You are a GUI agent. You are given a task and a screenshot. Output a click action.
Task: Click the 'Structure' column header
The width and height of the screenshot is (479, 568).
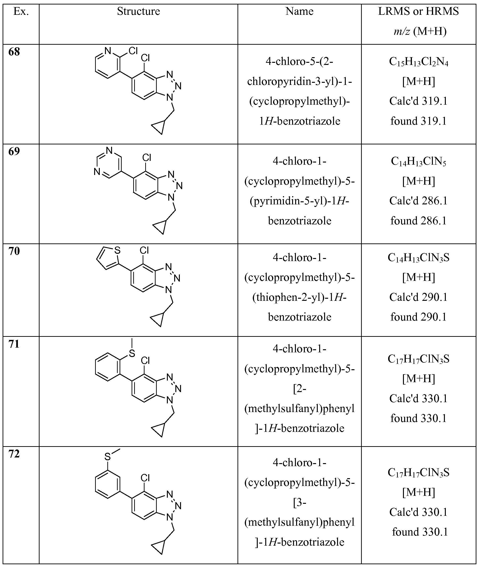coord(138,11)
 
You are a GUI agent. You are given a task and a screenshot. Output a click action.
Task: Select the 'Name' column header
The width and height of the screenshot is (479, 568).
coord(299,11)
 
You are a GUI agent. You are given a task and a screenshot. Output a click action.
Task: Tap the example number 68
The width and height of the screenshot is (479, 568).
coord(14,52)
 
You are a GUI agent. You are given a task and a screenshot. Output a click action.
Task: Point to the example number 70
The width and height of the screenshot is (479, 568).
coord(14,251)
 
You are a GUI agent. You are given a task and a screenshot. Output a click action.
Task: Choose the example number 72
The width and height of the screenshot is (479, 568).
coord(14,454)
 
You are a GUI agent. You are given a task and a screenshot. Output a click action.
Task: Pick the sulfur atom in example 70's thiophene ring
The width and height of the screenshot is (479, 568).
coord(117,250)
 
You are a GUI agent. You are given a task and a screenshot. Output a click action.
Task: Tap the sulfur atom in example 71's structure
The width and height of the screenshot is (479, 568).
coord(132,353)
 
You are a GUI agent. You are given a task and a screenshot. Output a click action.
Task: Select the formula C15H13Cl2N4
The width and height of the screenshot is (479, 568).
coord(419,62)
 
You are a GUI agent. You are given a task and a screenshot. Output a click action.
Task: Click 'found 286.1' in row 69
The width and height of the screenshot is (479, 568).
coord(419,221)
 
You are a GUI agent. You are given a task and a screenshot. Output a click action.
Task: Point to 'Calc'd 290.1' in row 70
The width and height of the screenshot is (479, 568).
coord(419,297)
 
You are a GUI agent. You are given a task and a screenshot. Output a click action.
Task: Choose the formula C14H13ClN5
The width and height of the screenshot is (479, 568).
coord(419,162)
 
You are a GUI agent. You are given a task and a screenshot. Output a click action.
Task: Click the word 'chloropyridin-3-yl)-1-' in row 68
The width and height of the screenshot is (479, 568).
coord(299,81)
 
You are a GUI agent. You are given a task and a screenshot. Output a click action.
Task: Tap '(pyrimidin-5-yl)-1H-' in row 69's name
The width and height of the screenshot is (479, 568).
coord(299,201)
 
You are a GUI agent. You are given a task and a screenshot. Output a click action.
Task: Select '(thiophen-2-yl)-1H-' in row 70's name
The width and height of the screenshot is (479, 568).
coord(299,298)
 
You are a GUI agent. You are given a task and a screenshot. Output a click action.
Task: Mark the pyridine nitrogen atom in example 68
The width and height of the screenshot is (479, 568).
coord(108,51)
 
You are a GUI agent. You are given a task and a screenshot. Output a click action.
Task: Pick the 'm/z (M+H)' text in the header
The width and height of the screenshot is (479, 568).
coord(420,31)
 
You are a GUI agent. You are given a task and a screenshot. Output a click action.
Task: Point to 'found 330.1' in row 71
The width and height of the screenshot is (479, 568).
coord(419,418)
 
